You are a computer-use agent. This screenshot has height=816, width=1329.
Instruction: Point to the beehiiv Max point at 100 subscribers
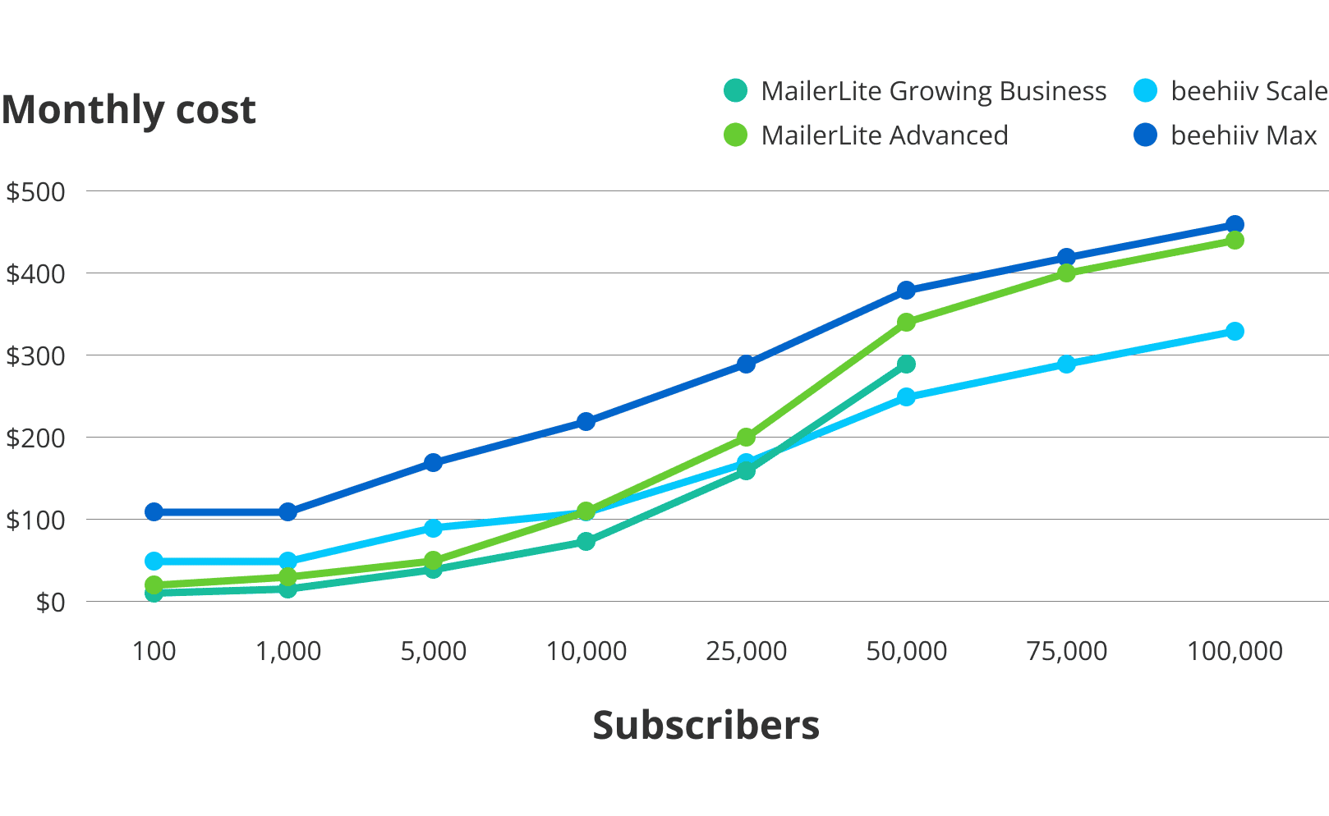click(154, 512)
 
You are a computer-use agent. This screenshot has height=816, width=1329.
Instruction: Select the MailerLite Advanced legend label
click(884, 135)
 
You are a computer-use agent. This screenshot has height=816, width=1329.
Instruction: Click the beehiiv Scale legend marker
click(1145, 90)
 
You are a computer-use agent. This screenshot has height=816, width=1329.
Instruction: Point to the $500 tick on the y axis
click(35, 192)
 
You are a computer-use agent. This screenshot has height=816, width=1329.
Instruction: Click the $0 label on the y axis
click(50, 603)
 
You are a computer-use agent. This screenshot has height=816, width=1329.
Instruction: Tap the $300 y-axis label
click(35, 356)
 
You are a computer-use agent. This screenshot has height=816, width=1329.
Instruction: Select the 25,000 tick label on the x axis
click(746, 651)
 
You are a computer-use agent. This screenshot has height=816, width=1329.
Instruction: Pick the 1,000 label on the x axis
click(287, 651)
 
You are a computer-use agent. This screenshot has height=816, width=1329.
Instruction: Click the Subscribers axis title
click(706, 726)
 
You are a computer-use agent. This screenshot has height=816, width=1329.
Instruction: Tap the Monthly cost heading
click(129, 109)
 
